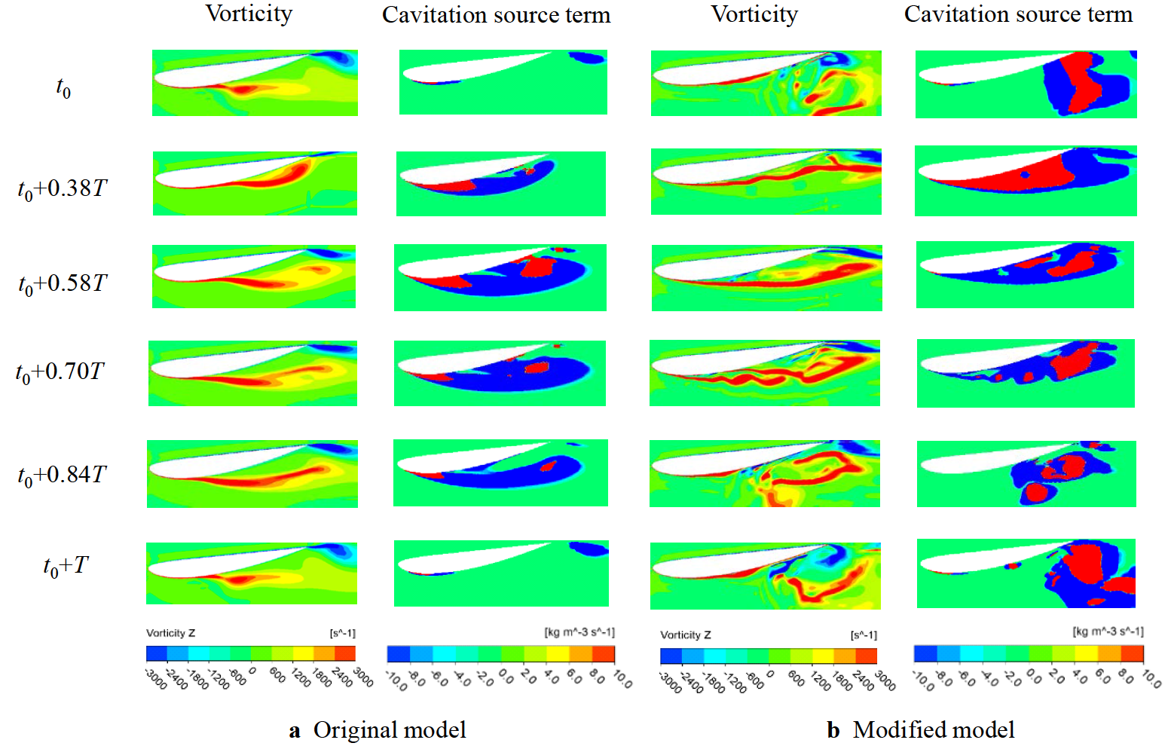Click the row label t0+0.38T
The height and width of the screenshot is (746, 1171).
(x=63, y=188)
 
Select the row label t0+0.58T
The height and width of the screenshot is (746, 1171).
(x=63, y=284)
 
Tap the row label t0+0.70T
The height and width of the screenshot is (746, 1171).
(x=60, y=372)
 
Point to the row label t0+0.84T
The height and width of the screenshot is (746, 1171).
(x=62, y=475)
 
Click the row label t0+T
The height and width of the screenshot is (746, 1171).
(x=66, y=566)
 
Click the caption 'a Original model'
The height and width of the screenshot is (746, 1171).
(x=378, y=729)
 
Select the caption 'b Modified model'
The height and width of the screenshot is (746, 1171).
(x=920, y=729)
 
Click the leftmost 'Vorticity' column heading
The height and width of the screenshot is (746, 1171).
(x=249, y=14)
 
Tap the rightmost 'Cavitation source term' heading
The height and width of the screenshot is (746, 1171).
(x=1018, y=14)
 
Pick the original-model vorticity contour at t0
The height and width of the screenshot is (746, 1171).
(x=255, y=83)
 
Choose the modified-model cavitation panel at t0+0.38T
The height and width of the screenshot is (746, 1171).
(x=1026, y=182)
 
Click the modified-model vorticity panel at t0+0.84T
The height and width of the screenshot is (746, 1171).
(x=764, y=474)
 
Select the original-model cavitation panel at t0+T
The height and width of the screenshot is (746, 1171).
(x=501, y=573)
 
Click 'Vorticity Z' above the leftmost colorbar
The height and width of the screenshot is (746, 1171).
(x=170, y=633)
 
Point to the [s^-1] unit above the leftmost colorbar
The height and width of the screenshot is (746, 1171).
(x=342, y=633)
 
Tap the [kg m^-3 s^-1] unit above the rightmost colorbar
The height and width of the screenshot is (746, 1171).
(x=1108, y=631)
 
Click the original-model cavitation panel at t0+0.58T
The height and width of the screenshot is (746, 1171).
(x=500, y=277)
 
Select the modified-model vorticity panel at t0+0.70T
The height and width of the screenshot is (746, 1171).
(x=764, y=373)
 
